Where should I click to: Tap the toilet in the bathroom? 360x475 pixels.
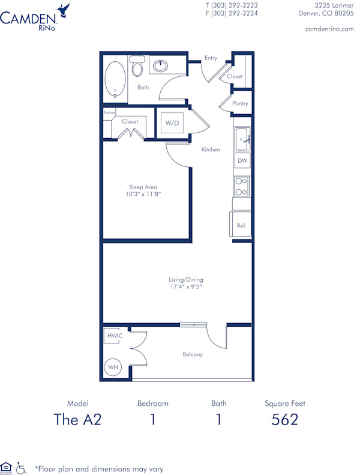click(137, 67)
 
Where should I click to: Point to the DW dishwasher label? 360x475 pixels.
click(242, 161)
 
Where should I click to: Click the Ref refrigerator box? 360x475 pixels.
click(241, 225)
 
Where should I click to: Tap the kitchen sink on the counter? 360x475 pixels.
click(242, 139)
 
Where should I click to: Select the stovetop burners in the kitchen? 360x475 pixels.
click(241, 186)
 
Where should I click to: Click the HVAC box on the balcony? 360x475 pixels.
click(115, 336)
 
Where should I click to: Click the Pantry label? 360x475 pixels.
click(241, 104)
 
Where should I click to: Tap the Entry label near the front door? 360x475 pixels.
click(211, 58)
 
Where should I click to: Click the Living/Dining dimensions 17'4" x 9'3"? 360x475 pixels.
click(184, 288)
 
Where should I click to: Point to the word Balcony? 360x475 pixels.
click(193, 354)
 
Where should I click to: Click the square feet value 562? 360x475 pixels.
click(285, 419)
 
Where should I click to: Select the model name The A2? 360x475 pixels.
click(78, 419)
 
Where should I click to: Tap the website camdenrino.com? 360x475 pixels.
click(329, 29)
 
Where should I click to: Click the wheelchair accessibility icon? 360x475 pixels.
click(22, 467)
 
